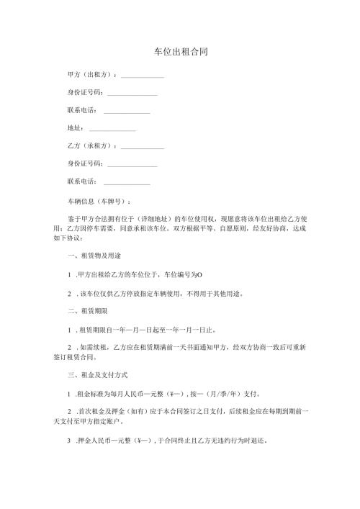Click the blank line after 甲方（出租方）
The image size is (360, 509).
click(143, 76)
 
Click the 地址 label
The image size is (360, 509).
click(75, 128)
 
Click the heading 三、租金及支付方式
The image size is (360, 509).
click(97, 374)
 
